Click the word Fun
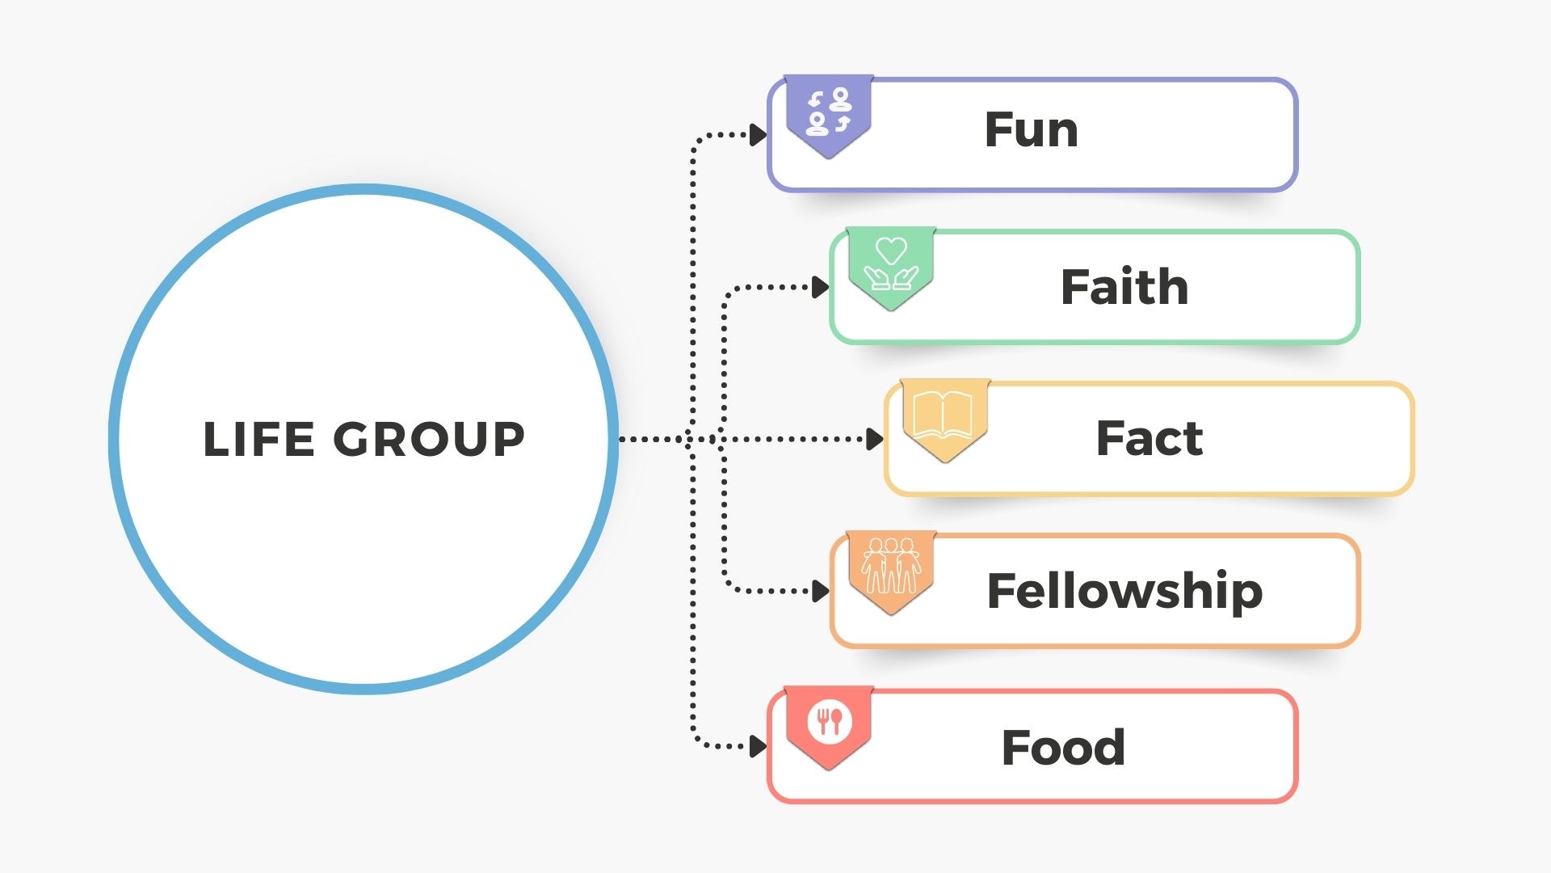click(x=1031, y=130)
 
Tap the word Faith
click(x=1124, y=287)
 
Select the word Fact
click(x=1149, y=439)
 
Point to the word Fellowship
click(x=1124, y=591)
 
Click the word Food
click(x=1063, y=747)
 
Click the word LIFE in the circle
click(x=258, y=439)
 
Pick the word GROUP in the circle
click(x=429, y=439)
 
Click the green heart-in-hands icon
click(x=891, y=265)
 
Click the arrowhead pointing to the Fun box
click(x=758, y=135)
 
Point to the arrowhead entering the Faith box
click(x=820, y=287)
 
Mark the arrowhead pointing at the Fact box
click(x=874, y=439)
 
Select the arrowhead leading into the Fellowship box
click(x=820, y=591)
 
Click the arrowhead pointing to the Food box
click(x=758, y=746)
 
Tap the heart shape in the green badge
click(x=891, y=251)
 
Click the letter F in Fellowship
click(x=1002, y=590)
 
